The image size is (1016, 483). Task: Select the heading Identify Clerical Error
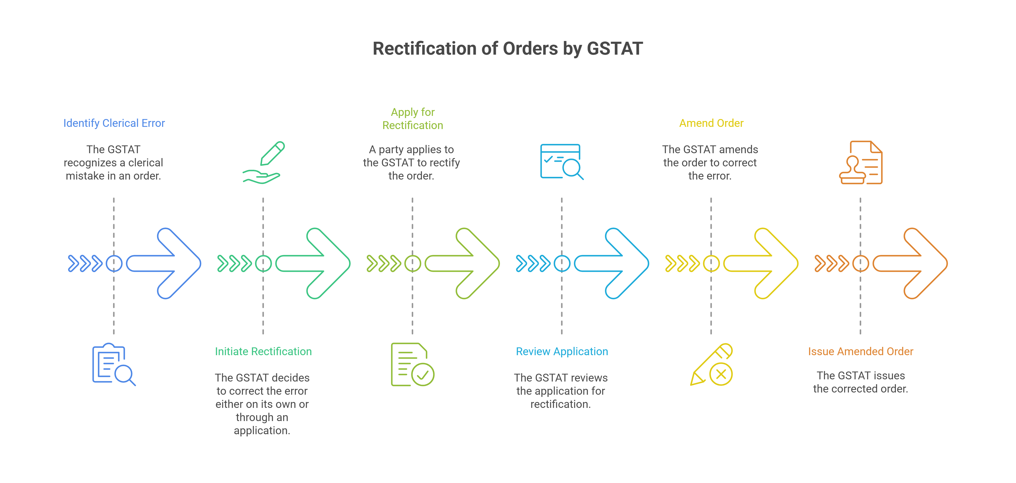[x=114, y=123]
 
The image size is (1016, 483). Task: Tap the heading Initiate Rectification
[x=263, y=351]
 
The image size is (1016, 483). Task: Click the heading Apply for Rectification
[x=413, y=119]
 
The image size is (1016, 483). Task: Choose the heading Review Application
[x=562, y=351]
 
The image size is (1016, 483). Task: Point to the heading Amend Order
[x=711, y=123]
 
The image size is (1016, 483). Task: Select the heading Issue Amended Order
[x=860, y=351]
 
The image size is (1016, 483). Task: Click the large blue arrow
[x=170, y=263]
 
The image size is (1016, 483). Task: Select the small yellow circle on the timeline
[x=711, y=263]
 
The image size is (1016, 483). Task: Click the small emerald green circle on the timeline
[x=263, y=263]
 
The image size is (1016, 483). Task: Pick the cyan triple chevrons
[x=533, y=263]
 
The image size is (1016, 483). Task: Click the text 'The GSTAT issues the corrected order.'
[x=860, y=382]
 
